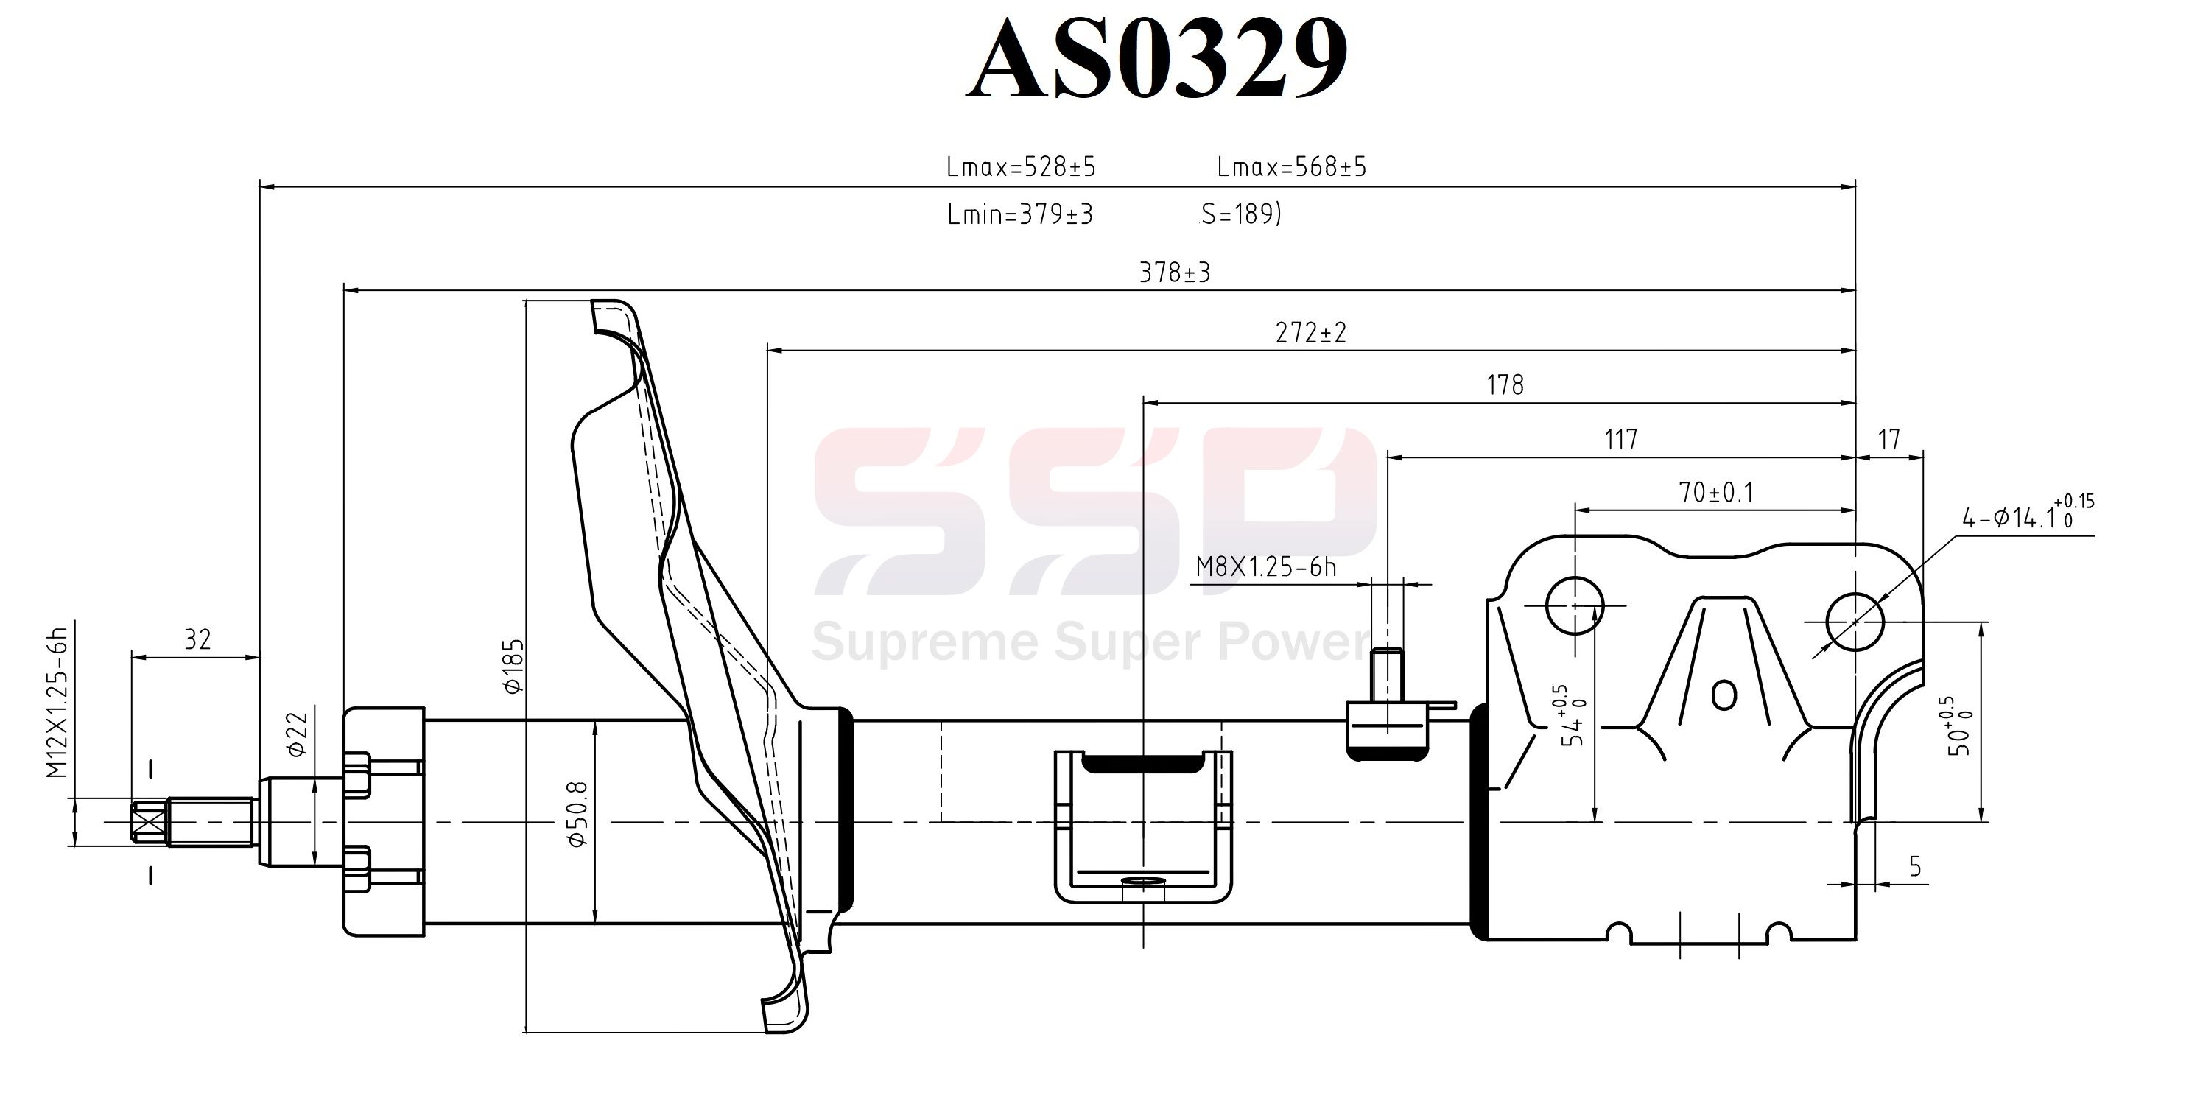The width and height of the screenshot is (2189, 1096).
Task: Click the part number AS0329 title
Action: click(x=1156, y=57)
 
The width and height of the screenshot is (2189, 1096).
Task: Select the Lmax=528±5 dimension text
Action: click(x=1021, y=167)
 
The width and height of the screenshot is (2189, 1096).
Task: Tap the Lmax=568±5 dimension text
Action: click(x=1292, y=167)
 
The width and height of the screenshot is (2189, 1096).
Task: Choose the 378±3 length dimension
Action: click(x=1174, y=273)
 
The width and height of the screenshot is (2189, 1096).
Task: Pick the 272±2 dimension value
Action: click(x=1311, y=333)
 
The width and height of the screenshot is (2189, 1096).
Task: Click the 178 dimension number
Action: click(x=1505, y=386)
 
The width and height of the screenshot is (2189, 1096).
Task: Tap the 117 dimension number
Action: click(x=1620, y=440)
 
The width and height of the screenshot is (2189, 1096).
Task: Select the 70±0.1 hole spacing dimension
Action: click(x=1715, y=493)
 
